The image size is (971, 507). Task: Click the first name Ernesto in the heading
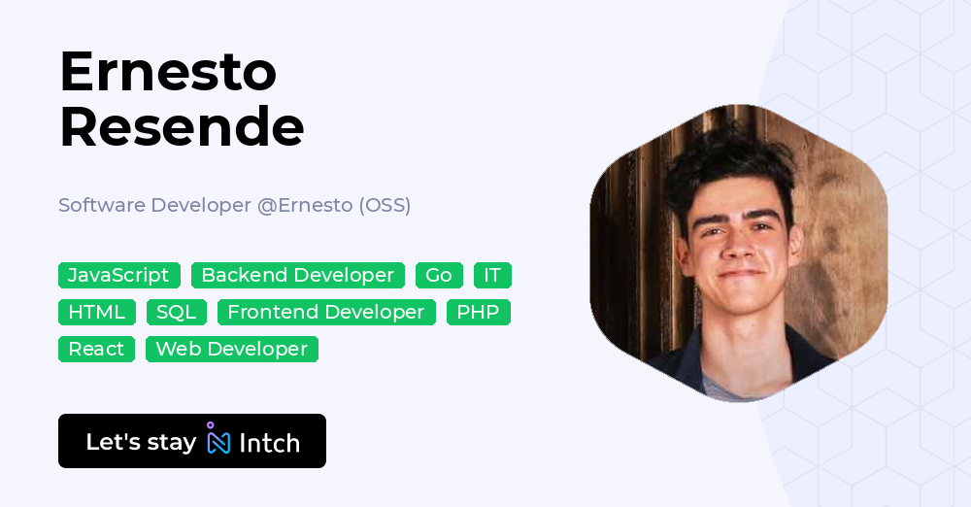coord(168,72)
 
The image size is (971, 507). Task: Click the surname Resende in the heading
coord(182,127)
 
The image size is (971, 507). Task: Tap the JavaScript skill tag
coord(118,276)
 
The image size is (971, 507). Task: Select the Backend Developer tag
coord(297,276)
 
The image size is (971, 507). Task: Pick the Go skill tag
coord(439,276)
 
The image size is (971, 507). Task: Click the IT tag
coord(492,276)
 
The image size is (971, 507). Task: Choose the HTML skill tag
coord(97,313)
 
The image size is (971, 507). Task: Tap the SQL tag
coord(177,313)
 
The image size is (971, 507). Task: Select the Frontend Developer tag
coord(326,313)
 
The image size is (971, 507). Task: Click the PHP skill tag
coord(478,313)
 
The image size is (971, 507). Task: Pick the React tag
coord(96,350)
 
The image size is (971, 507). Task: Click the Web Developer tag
coord(232,350)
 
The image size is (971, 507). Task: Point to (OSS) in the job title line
coord(385,206)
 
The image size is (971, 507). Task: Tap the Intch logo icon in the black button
coord(218,439)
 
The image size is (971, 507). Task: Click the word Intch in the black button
coord(270,443)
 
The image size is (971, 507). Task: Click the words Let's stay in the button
coord(141,442)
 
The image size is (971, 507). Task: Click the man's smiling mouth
coord(741,276)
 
